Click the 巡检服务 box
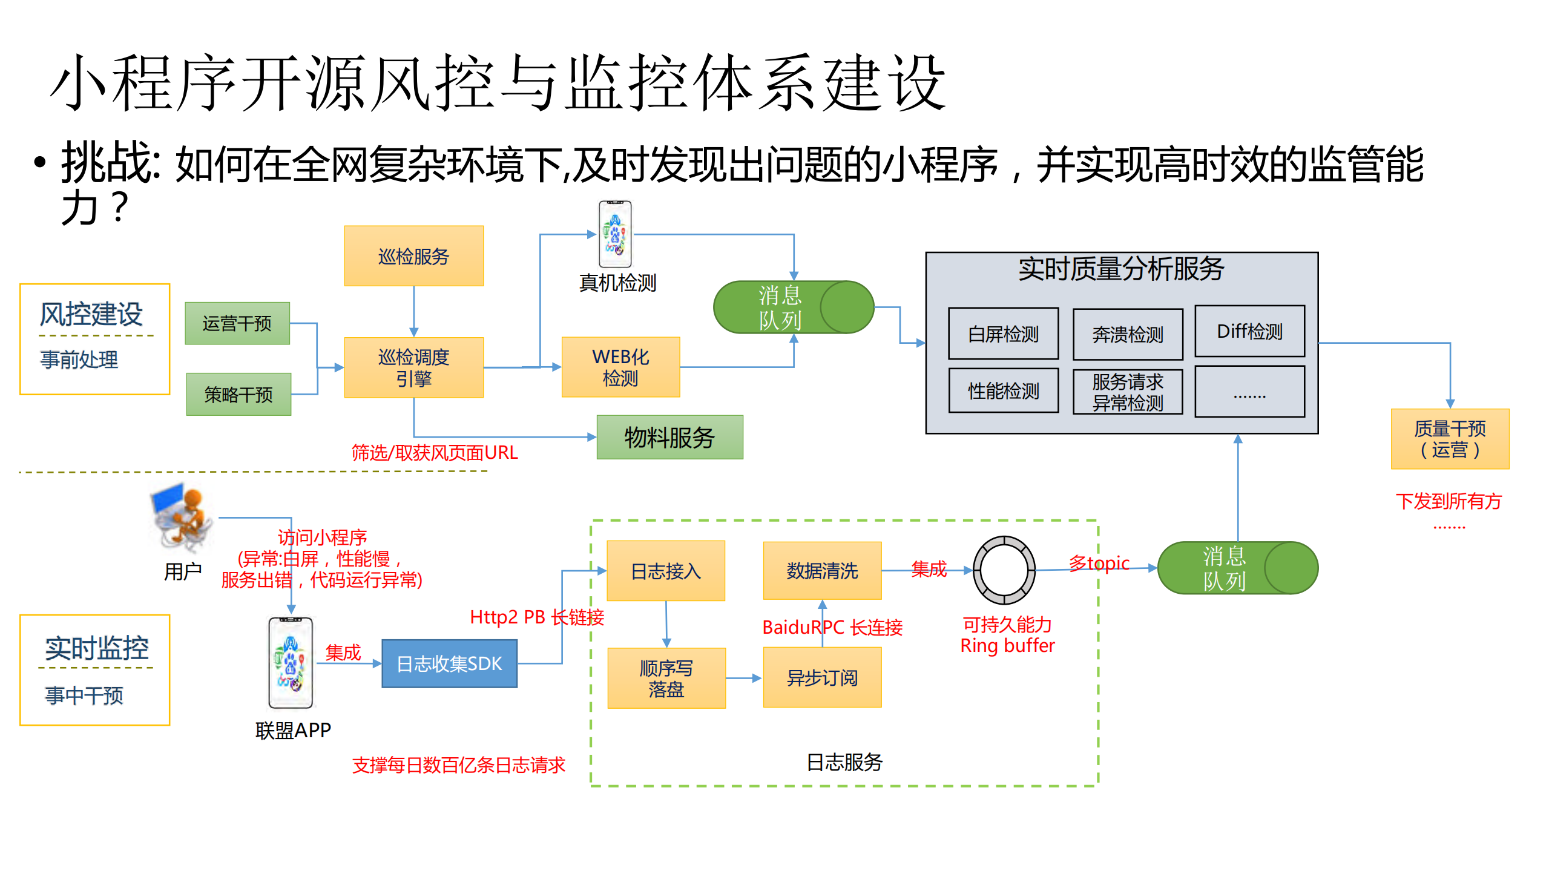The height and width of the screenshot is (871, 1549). tap(413, 256)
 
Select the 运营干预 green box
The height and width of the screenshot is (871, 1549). tap(237, 323)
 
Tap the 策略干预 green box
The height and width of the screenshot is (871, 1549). tap(238, 395)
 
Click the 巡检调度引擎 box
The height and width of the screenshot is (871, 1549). tap(413, 367)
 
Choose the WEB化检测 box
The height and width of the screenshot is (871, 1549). tap(620, 367)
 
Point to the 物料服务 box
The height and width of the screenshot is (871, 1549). tap(669, 437)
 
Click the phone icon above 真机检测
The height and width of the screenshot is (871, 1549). tap(615, 234)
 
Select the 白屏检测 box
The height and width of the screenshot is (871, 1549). tap(1003, 334)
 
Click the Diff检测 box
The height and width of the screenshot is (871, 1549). tap(1249, 331)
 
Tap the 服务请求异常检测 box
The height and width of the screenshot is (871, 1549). tap(1127, 392)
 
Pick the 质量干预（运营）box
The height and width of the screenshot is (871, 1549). tap(1450, 439)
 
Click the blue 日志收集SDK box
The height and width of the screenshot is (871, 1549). tap(449, 664)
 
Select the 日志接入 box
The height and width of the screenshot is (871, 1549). tap(666, 571)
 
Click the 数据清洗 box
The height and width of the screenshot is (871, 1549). tap(822, 571)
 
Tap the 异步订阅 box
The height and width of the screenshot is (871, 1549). tap(822, 677)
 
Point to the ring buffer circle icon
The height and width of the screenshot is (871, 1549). tap(1004, 570)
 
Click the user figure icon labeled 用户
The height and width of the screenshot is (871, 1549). tap(182, 518)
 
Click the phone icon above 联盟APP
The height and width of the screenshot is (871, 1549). tap(291, 663)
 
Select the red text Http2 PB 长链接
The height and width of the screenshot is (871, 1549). tap(537, 617)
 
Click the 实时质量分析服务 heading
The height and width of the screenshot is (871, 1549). tap(1121, 269)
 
